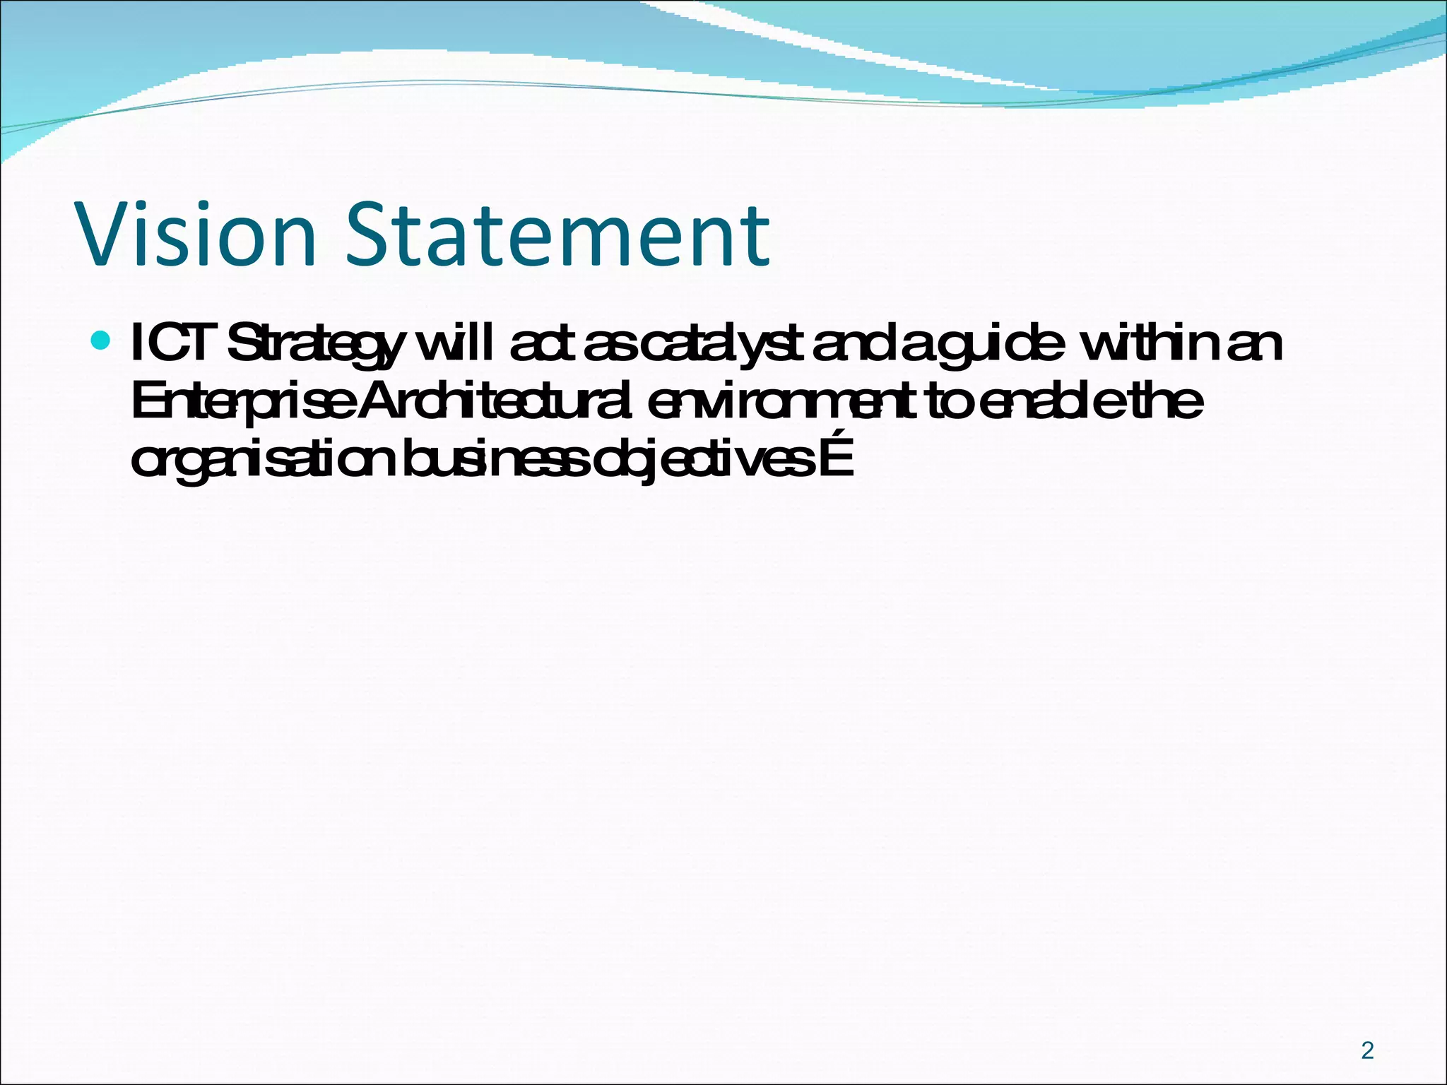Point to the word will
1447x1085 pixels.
pyautogui.click(x=455, y=343)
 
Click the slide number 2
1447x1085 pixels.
pyautogui.click(x=1367, y=1050)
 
